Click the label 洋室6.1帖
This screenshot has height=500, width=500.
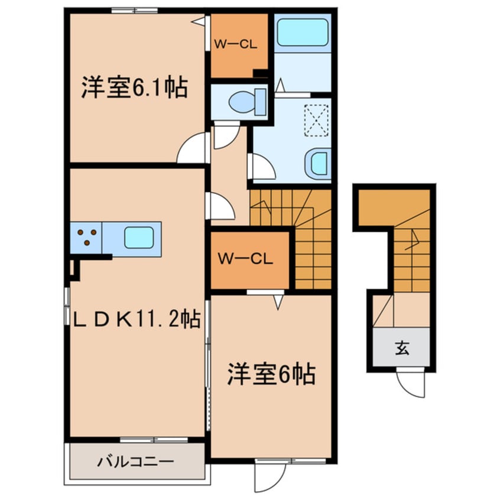[135, 89]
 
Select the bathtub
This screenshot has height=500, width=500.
[303, 32]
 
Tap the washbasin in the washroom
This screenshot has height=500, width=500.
[319, 163]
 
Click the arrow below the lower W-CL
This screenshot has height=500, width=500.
[278, 302]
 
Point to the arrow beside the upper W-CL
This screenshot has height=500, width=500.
[201, 21]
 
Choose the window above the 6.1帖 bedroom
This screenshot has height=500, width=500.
[135, 10]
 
